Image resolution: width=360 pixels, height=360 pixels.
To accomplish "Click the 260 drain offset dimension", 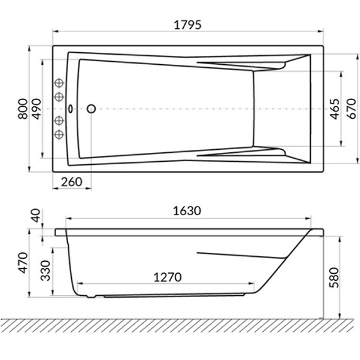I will point(72,182).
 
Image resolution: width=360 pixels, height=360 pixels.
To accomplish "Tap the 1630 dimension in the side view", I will point(187,211).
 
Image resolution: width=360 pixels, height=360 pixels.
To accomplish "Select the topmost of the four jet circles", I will point(60,82).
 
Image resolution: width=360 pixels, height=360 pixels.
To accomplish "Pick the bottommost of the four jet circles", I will point(60,134).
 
